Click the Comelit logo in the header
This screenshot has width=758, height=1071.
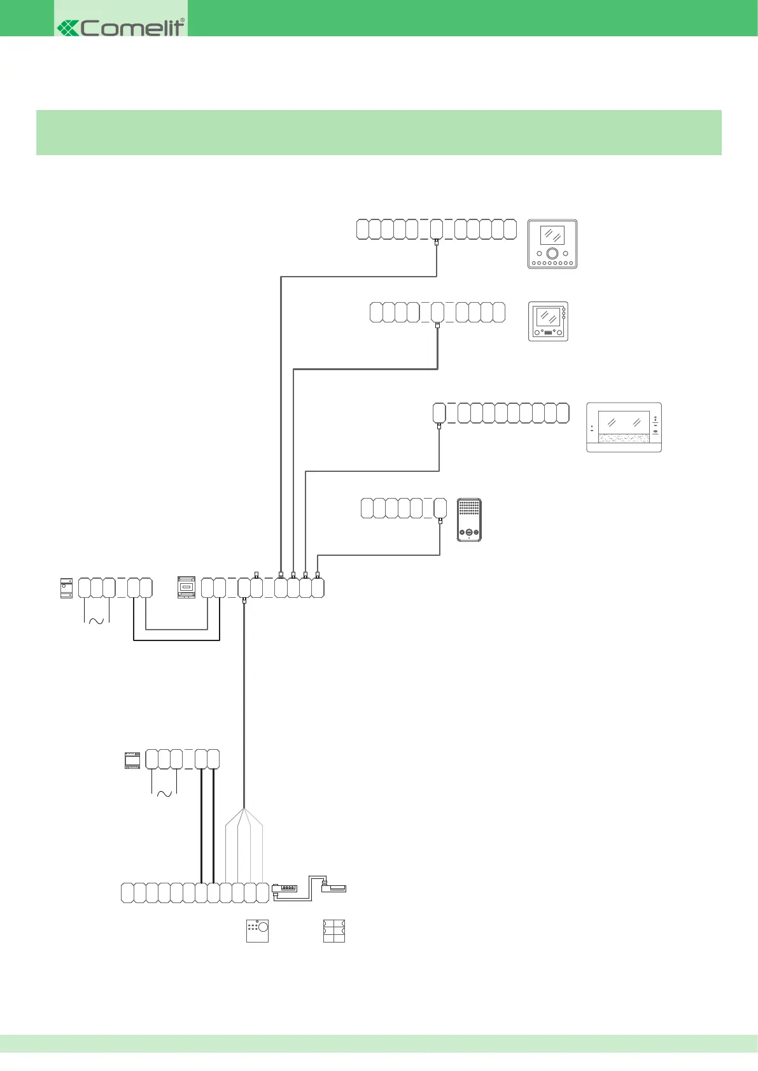(121, 27)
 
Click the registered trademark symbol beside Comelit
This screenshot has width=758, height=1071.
(183, 20)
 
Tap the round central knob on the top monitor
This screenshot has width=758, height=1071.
(552, 253)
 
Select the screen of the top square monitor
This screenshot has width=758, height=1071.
(552, 235)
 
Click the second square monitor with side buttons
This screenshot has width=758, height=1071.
(548, 321)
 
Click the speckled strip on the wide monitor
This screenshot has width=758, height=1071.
(624, 439)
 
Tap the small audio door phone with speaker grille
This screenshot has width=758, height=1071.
(469, 520)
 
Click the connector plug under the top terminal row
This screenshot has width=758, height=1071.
(437, 243)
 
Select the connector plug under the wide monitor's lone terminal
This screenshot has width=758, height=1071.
(439, 427)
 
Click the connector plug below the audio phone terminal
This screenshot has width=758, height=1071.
(440, 522)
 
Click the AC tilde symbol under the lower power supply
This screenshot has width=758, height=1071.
(164, 794)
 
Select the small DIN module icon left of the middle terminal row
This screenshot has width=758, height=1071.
(66, 588)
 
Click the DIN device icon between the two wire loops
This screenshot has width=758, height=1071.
(186, 588)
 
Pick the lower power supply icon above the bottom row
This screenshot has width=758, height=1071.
(132, 761)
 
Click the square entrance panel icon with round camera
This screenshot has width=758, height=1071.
(257, 930)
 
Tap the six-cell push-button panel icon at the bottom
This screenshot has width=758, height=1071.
(334, 930)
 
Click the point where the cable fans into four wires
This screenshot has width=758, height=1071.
(244, 808)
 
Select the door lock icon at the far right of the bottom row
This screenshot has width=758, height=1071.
(334, 887)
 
